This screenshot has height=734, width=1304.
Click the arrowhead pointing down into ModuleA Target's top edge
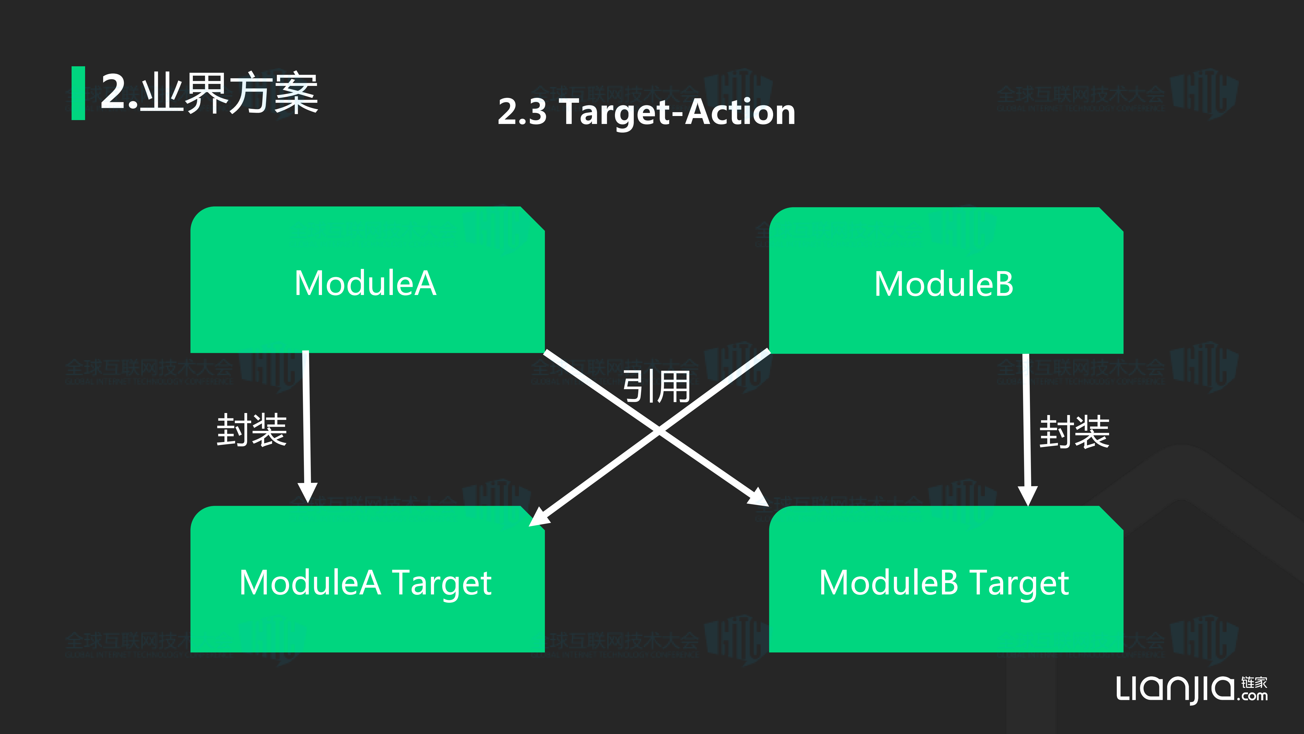tap(307, 492)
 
